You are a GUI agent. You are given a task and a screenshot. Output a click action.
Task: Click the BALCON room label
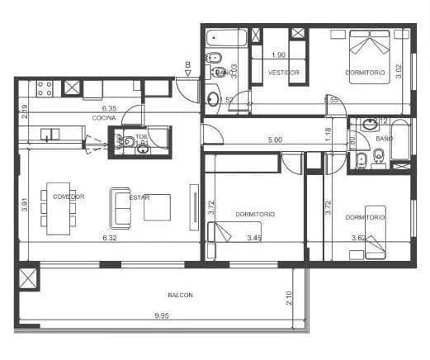click(x=180, y=295)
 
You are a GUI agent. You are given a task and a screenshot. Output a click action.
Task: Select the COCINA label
click(x=104, y=118)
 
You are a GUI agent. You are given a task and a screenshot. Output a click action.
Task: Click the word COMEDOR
click(x=68, y=197)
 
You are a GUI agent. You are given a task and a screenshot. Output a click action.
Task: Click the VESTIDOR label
click(x=283, y=73)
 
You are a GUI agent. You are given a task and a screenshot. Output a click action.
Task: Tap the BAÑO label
click(x=384, y=139)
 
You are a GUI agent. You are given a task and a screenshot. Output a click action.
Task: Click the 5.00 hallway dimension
click(x=275, y=140)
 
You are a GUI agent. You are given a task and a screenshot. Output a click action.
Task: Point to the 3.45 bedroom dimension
click(x=254, y=239)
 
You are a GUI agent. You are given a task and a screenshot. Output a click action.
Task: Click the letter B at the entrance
click(x=188, y=64)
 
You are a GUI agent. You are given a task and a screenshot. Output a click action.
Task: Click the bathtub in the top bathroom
click(x=227, y=38)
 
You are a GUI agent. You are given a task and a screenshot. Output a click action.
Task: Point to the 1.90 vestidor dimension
click(x=278, y=54)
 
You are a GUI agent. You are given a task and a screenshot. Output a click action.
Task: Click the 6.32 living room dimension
click(x=108, y=239)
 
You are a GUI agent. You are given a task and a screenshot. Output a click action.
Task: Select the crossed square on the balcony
click(x=29, y=277)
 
